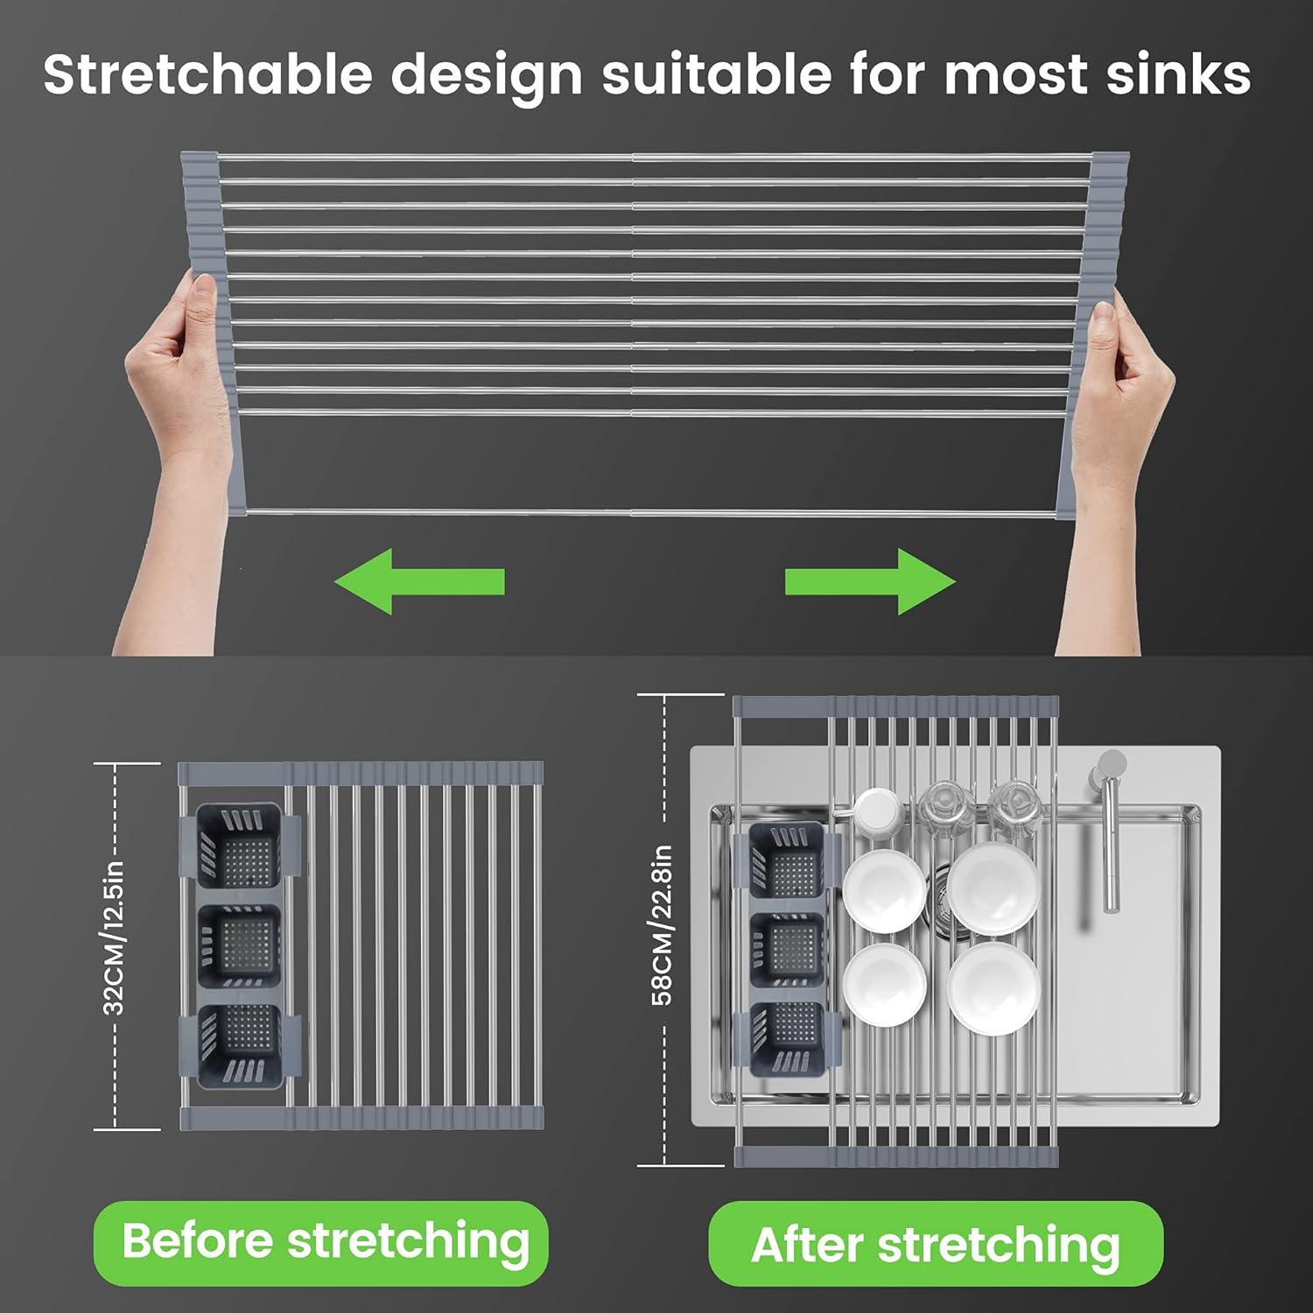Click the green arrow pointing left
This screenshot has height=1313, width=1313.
418,582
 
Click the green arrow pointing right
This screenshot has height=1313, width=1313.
870,582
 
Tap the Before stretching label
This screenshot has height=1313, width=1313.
325,1241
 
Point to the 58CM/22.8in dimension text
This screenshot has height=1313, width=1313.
663,924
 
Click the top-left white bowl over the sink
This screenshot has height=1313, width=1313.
884,888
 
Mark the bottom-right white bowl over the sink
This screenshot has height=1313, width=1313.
994,987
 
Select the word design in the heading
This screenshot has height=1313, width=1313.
486,74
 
